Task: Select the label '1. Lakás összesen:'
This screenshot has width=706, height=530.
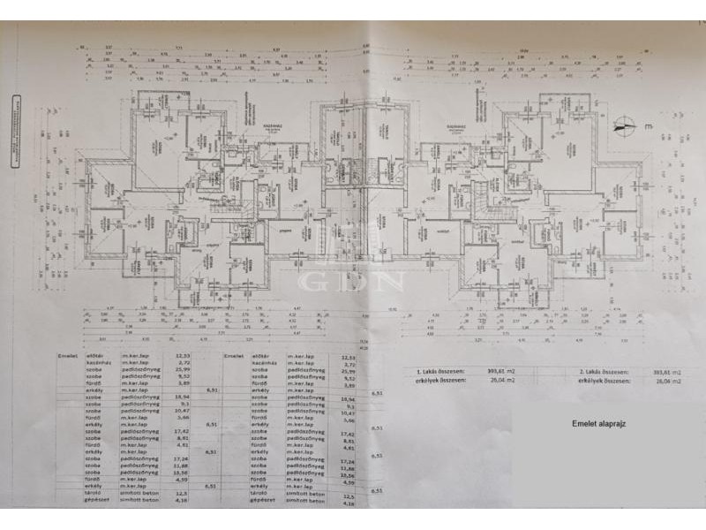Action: coord(438,374)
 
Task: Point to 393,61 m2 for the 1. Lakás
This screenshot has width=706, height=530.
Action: coord(503,374)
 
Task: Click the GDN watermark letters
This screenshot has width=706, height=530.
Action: coord(352,281)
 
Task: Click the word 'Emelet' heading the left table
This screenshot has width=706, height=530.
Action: coord(68,354)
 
